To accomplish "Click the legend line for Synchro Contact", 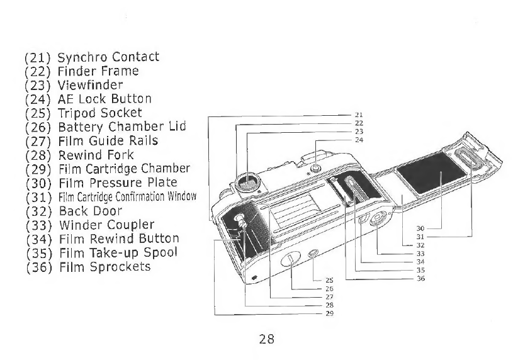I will [92, 57].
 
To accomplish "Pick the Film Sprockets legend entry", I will [87, 267].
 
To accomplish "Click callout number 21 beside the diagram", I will [359, 115].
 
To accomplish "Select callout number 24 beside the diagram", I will [359, 140].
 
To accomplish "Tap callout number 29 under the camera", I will [329, 313].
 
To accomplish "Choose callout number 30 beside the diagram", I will [421, 228].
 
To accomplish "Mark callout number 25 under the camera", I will [329, 280].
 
